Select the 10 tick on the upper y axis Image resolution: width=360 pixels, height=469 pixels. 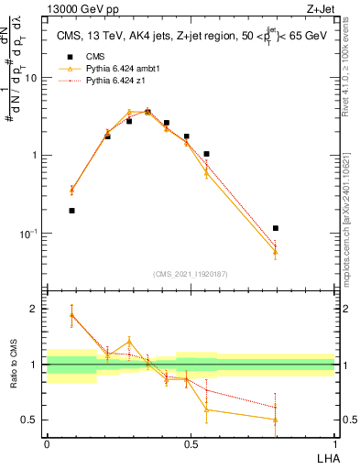[x=33, y=78]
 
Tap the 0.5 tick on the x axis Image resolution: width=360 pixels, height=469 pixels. [x=190, y=443]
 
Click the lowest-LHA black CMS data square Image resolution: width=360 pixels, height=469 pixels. [x=71, y=211]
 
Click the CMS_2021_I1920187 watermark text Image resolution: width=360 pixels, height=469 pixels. [x=191, y=273]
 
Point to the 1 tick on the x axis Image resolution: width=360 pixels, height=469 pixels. [x=334, y=443]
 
